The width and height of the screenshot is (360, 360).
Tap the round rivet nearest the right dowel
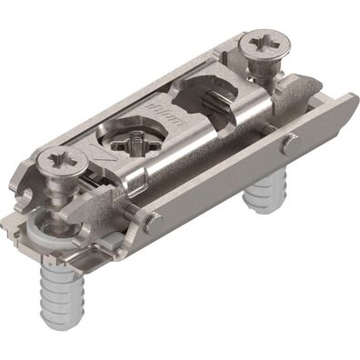(x=289, y=143)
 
